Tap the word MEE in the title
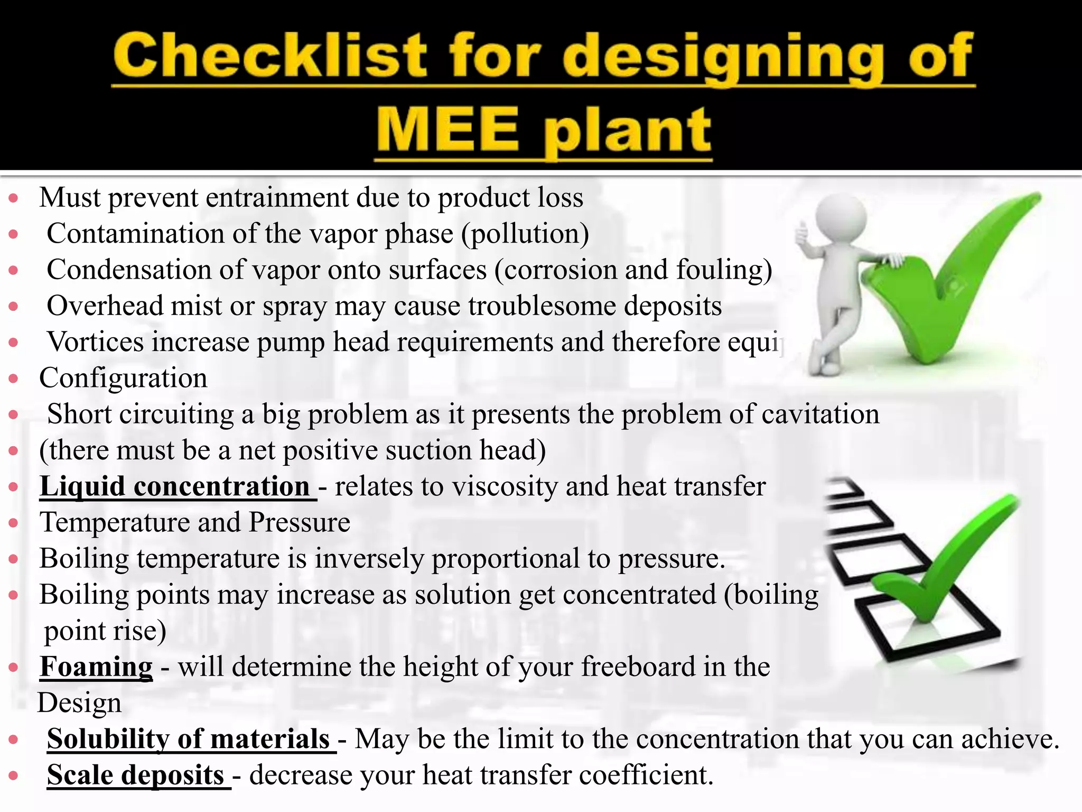coord(447,130)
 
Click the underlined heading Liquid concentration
coord(175,486)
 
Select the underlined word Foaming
coord(96,667)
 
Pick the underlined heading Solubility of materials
coord(189,739)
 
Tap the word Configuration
coord(123,378)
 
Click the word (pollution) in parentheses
coord(525,234)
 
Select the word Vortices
coord(95,342)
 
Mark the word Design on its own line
coord(79,703)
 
